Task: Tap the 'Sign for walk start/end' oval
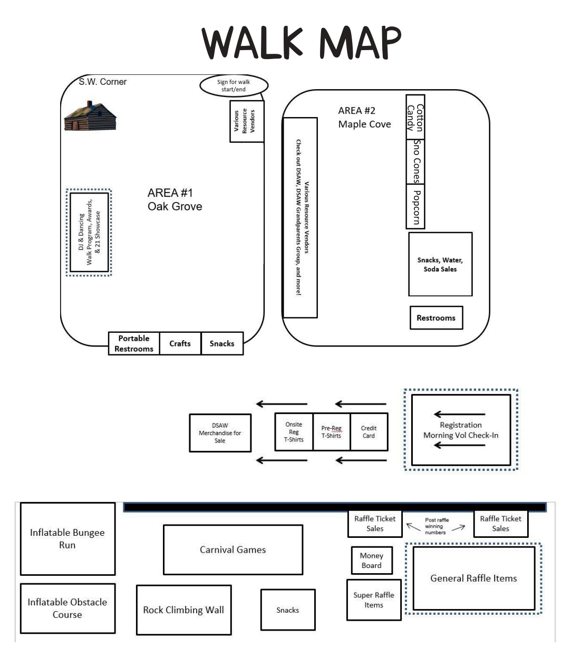click(234, 85)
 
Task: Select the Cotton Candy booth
click(415, 117)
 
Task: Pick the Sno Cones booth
click(415, 161)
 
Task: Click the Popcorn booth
click(415, 206)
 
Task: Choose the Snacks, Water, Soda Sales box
click(440, 264)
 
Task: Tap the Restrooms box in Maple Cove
click(436, 318)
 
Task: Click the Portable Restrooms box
click(134, 343)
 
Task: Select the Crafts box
click(180, 343)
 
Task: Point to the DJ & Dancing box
click(89, 232)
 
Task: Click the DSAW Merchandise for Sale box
click(220, 433)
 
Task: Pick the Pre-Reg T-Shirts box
click(331, 432)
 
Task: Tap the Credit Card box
click(369, 432)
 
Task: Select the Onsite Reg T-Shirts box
click(294, 432)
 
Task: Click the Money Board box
click(371, 560)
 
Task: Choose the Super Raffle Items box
click(373, 600)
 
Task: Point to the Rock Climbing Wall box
click(183, 610)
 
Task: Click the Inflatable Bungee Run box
click(67, 538)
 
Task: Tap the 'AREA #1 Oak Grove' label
click(175, 199)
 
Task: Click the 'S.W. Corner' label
click(102, 82)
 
